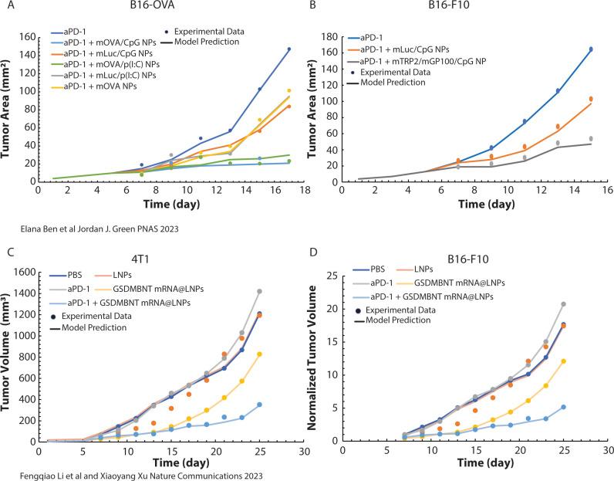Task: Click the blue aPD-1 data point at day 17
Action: (289, 49)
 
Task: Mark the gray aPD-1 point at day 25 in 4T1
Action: (281, 291)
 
